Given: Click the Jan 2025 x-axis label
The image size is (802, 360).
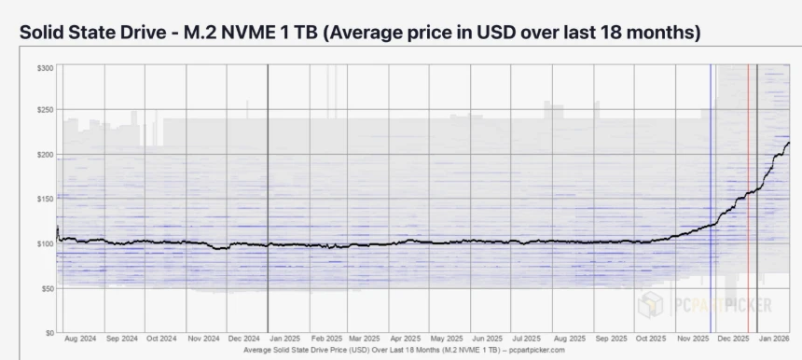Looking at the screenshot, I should click(x=285, y=340).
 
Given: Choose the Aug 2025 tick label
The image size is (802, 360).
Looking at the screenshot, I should click(x=571, y=340).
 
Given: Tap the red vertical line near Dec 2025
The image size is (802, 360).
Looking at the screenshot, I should click(x=748, y=187).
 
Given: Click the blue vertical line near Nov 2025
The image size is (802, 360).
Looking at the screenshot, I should click(x=711, y=187).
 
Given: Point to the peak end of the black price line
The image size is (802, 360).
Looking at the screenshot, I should click(x=789, y=143).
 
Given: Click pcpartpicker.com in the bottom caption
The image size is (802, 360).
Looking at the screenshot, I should click(x=531, y=350).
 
